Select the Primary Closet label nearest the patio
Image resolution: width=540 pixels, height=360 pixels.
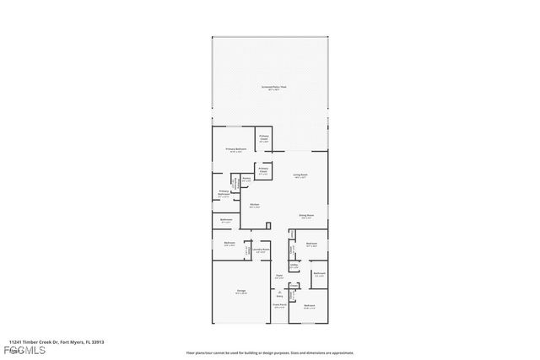click(264, 138)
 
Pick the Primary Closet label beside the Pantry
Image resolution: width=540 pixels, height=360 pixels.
click(264, 170)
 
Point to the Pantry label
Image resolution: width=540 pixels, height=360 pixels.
click(246, 179)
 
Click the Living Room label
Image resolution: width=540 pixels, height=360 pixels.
click(300, 176)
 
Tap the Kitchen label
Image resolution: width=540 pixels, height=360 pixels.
click(254, 205)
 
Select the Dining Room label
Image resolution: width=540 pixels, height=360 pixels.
click(305, 216)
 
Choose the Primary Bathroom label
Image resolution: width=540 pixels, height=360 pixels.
click(224, 193)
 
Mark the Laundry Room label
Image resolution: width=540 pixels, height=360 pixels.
click(262, 250)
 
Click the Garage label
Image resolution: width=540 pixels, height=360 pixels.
click(241, 292)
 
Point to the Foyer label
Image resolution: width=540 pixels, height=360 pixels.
click(278, 276)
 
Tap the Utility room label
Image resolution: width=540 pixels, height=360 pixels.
click(294, 266)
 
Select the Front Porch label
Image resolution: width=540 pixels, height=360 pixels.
click(278, 307)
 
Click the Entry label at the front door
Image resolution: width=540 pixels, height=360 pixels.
click(279, 295)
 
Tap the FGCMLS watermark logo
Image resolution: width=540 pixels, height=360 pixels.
click(25, 351)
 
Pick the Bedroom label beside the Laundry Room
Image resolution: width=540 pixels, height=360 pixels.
click(229, 244)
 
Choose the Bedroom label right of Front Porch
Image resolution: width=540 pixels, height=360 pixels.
click(310, 306)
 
